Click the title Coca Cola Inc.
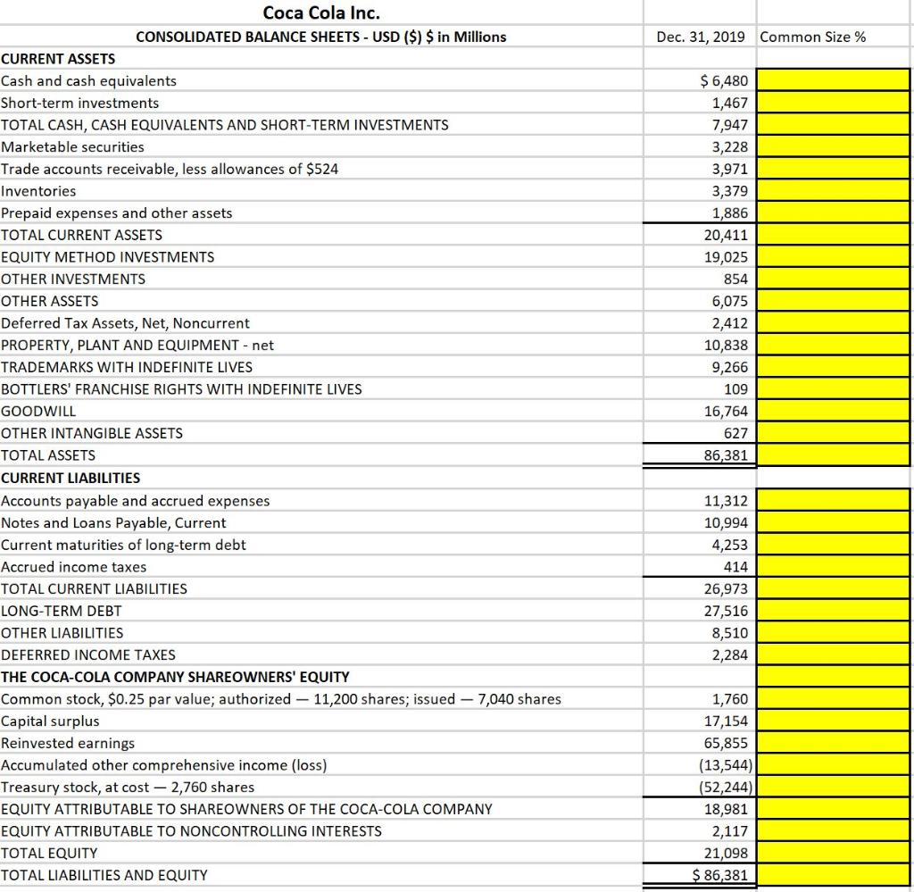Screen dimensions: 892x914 [321, 13]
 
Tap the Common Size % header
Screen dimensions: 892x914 [813, 37]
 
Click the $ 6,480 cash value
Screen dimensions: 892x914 [726, 81]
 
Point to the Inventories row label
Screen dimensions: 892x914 [39, 191]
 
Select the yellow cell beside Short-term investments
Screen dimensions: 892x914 [833, 104]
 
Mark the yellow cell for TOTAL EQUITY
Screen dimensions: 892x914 [833, 853]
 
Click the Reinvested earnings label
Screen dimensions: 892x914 [69, 743]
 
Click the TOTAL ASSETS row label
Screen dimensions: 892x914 [48, 455]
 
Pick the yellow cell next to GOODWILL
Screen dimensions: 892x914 [833, 412]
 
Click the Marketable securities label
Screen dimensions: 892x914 [72, 146]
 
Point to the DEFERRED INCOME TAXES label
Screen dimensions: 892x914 [88, 654]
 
